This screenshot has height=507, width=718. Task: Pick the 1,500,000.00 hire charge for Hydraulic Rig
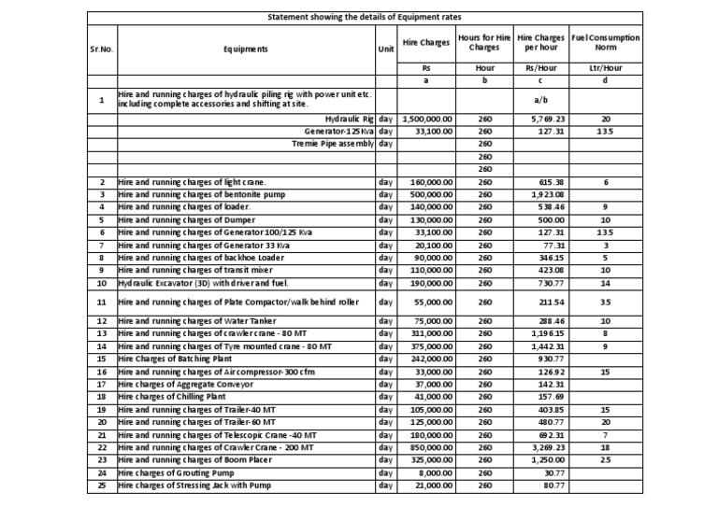(x=427, y=120)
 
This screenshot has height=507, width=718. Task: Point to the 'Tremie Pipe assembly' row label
(x=334, y=144)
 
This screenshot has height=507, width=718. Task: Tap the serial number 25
(x=101, y=486)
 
